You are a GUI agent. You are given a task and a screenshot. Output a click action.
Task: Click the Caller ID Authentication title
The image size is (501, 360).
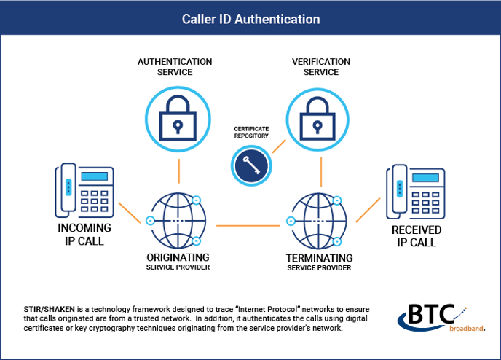(250, 17)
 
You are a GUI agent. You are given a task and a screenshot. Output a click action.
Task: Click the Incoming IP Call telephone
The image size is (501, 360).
(86, 191)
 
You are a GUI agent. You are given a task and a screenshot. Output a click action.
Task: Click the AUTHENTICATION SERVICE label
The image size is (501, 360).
(175, 67)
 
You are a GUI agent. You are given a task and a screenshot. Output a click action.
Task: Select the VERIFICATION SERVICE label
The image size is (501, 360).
(320, 67)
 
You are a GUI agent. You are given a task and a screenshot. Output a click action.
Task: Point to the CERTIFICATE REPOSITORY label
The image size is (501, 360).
(251, 131)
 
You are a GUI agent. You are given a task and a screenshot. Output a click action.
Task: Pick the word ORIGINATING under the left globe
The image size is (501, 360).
(178, 257)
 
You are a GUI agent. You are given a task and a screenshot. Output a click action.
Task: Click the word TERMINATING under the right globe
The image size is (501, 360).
(320, 258)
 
